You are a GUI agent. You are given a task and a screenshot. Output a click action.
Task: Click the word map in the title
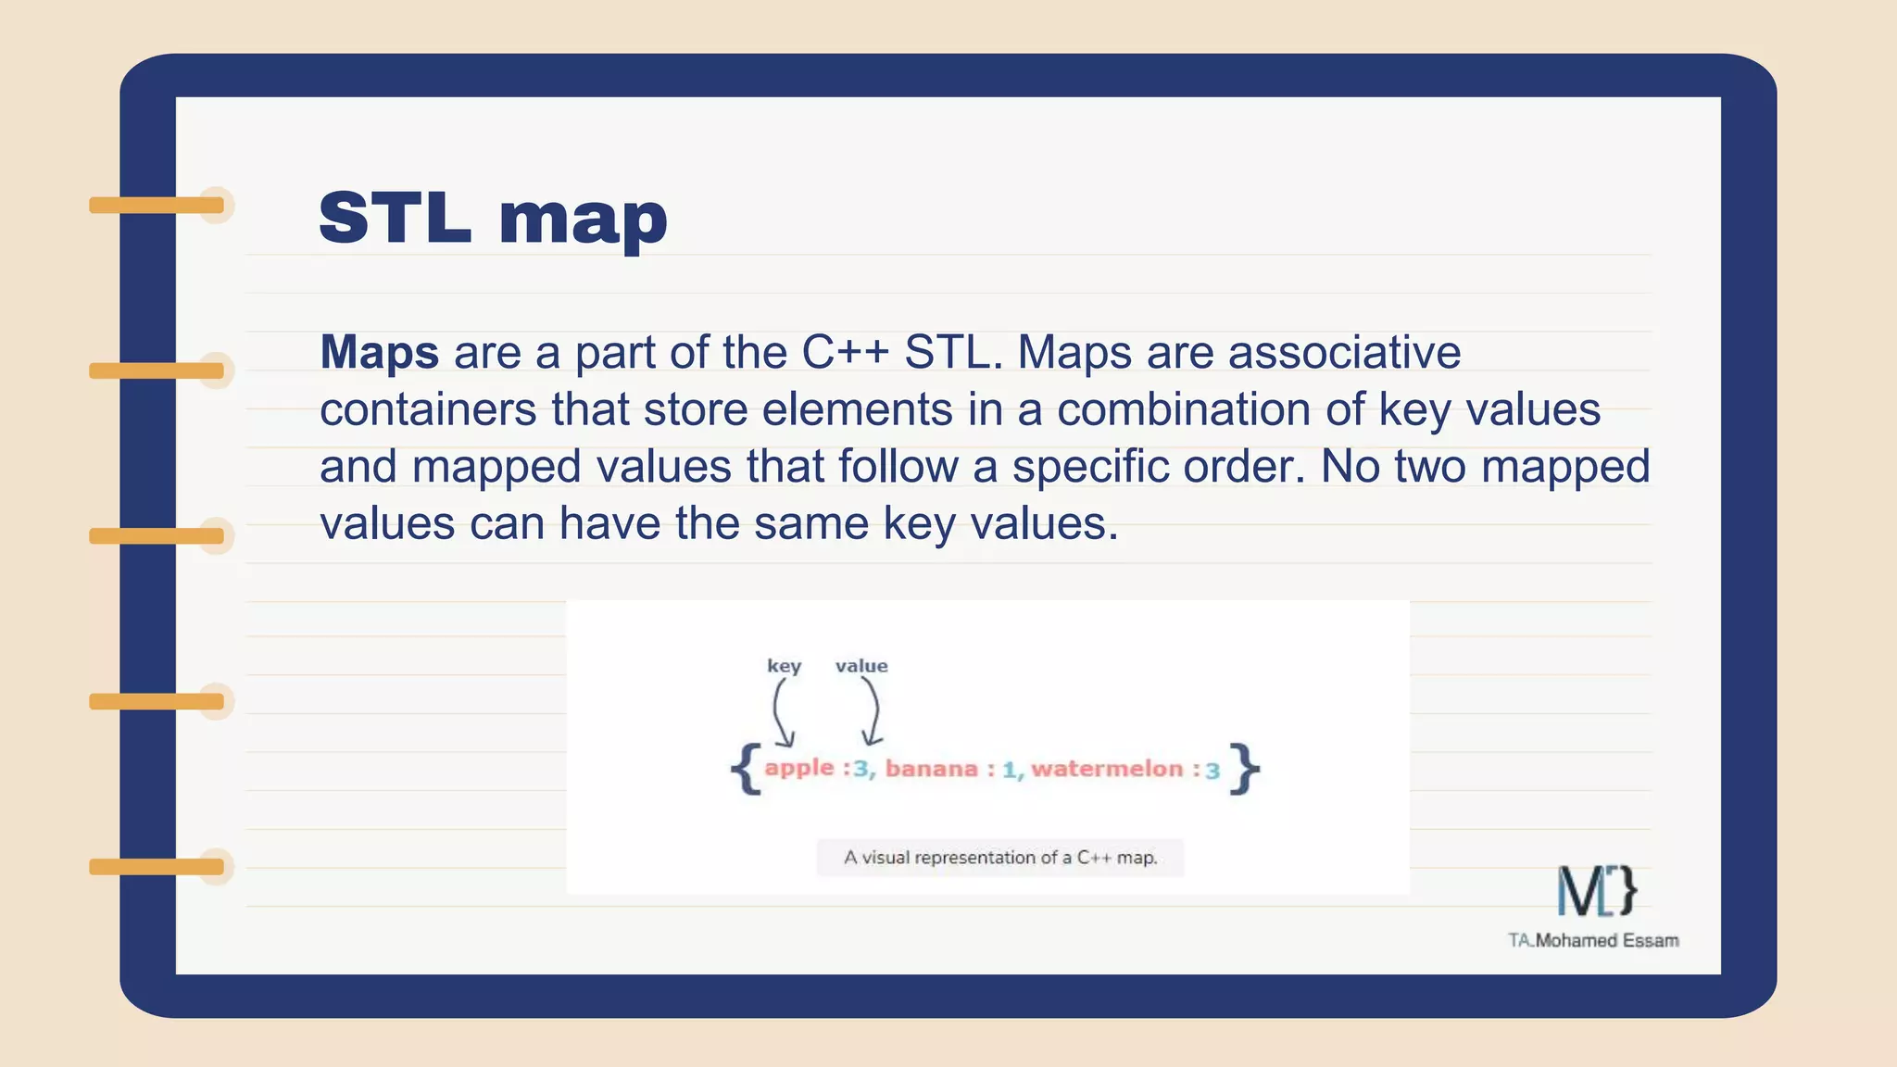[x=583, y=222]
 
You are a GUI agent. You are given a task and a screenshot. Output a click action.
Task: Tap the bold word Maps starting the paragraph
[x=379, y=353]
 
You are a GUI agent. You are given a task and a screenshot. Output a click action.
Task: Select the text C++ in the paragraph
[x=845, y=353]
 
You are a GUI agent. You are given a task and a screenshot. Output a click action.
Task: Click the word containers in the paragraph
[x=428, y=410]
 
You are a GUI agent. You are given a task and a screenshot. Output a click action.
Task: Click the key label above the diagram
[x=784, y=666]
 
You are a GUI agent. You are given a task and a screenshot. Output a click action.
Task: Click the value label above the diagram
[x=861, y=666]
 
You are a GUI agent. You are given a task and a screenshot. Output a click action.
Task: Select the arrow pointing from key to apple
[x=780, y=713]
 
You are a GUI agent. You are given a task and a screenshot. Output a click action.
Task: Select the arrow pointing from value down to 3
[x=873, y=713]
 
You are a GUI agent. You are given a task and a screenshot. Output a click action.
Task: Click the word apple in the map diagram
[x=798, y=768]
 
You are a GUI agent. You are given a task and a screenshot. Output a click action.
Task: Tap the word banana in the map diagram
[x=931, y=769]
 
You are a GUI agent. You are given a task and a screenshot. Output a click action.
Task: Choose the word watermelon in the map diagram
[x=1107, y=769]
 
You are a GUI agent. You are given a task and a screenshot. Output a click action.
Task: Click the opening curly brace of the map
[x=747, y=769]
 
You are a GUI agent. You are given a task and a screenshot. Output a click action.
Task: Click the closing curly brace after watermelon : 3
[x=1245, y=769]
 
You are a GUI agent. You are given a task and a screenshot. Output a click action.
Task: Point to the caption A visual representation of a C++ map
[x=1000, y=858]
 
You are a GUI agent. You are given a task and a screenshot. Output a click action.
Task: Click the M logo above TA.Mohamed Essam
[x=1596, y=890]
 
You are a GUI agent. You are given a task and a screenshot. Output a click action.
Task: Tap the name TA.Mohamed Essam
[x=1593, y=940]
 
